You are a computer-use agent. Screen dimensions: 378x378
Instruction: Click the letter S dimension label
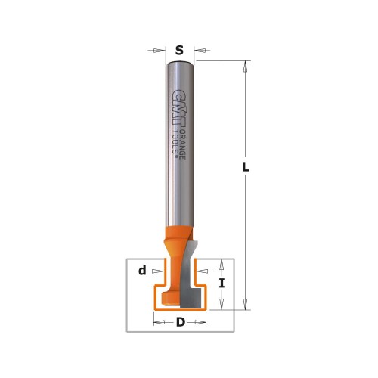click(x=179, y=51)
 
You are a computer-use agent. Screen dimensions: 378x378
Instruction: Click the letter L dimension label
click(x=246, y=167)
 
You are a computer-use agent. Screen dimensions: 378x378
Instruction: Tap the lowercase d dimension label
click(x=142, y=271)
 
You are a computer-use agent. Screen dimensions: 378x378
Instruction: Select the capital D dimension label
click(x=181, y=322)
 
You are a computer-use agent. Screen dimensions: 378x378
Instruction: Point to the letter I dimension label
click(x=222, y=283)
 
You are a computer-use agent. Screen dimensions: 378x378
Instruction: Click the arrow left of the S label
click(x=156, y=51)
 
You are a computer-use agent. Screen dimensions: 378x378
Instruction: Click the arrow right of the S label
click(x=202, y=51)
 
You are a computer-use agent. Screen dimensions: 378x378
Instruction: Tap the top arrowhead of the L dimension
click(x=245, y=67)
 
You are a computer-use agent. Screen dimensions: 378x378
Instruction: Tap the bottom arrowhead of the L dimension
click(x=245, y=304)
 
